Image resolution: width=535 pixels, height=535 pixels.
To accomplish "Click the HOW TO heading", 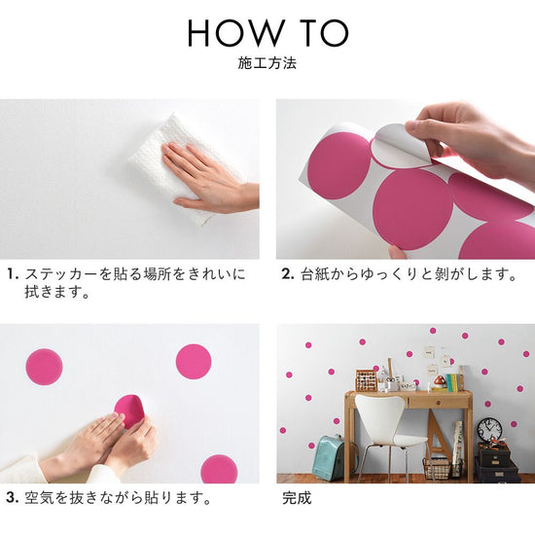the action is (267, 33).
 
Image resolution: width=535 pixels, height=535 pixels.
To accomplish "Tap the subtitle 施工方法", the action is (267, 63).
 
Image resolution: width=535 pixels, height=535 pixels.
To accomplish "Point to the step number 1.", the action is (13, 274).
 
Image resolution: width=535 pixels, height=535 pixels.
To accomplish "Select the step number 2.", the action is (288, 274).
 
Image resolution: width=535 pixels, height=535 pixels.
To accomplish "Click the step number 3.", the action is (13, 497).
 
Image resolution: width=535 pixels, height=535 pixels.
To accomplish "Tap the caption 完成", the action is (297, 498).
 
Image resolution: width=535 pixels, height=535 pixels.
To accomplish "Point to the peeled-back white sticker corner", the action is (402, 145).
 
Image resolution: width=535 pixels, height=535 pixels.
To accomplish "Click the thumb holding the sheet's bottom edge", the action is (398, 252).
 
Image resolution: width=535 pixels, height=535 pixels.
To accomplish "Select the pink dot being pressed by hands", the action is (129, 410).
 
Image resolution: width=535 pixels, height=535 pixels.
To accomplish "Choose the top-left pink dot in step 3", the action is (44, 367).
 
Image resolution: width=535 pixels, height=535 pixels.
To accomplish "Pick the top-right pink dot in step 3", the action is (194, 362).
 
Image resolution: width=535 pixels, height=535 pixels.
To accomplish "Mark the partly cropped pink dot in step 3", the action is (219, 469).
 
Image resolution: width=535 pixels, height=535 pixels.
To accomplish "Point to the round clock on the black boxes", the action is (489, 430).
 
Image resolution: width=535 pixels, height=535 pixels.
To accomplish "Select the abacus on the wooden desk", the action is (366, 380).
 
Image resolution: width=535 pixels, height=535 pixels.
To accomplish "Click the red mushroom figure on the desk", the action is (439, 381).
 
